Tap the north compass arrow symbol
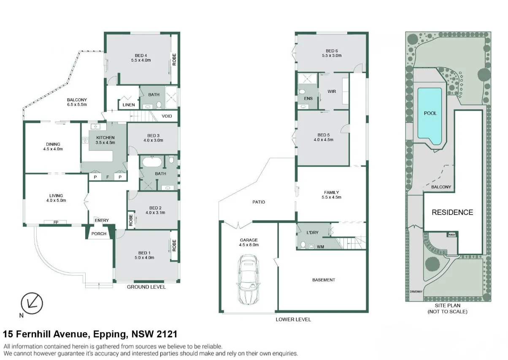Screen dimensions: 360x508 (x=32, y=302)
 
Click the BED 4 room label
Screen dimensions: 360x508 (x=141, y=55)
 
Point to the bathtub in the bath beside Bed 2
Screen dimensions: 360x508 (x=150, y=162)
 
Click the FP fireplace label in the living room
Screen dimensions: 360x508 (x=56, y=222)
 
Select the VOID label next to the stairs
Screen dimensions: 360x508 (x=167, y=116)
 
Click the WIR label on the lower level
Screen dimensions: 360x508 (x=331, y=91)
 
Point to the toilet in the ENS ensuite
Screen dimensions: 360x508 (x=302, y=92)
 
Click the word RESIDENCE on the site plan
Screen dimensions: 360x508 (x=452, y=212)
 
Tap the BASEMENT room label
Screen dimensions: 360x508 (x=324, y=280)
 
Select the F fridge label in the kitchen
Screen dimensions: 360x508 (x=108, y=177)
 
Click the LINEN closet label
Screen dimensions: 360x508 (x=129, y=105)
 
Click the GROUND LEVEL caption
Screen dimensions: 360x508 (x=146, y=287)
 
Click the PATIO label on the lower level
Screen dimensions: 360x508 (x=259, y=202)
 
